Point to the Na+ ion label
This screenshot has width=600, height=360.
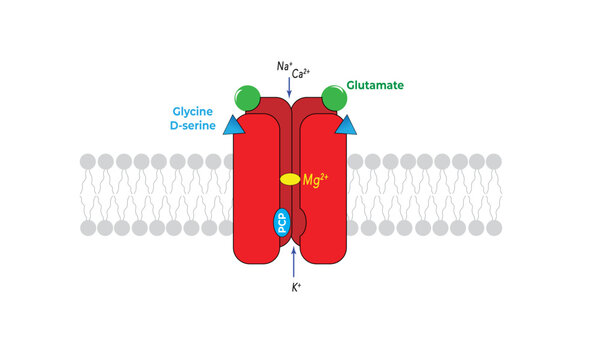point(284,66)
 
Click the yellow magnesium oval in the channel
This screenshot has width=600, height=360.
point(289,180)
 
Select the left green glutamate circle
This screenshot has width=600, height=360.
point(248,98)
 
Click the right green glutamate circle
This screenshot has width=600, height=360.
point(335,98)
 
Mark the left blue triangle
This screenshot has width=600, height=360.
point(234,125)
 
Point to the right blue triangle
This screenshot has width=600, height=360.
point(347,125)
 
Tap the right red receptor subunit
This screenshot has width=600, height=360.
point(330,190)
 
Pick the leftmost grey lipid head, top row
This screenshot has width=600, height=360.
point(88,161)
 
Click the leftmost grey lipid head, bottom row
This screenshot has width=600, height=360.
point(88,228)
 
